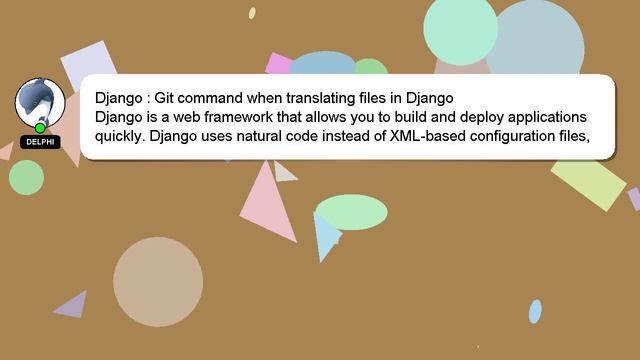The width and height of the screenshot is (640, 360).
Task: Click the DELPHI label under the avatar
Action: [x=40, y=142]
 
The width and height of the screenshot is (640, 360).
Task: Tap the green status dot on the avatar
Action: [x=40, y=128]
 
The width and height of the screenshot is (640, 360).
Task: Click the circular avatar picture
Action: [x=40, y=102]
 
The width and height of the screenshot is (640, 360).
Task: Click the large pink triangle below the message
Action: [x=265, y=206]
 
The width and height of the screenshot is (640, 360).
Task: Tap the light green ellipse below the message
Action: [x=351, y=212]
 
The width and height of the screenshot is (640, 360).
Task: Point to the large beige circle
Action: [x=158, y=282]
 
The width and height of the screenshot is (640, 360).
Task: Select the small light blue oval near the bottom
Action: [x=535, y=311]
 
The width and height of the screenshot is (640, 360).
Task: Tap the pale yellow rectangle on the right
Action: [x=589, y=181]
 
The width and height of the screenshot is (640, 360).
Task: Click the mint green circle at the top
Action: [x=460, y=30]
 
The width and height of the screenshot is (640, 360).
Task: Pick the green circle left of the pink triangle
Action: [x=26, y=177]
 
